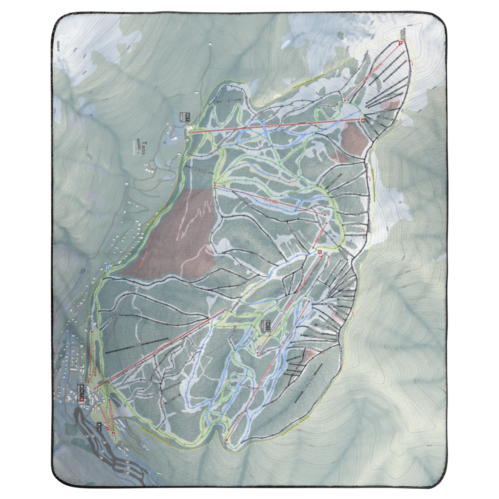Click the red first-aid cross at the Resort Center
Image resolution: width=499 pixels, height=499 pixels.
tap(82, 400)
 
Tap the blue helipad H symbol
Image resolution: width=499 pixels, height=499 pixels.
tap(109, 268)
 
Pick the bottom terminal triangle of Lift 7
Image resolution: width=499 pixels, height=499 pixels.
tap(215, 186)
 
